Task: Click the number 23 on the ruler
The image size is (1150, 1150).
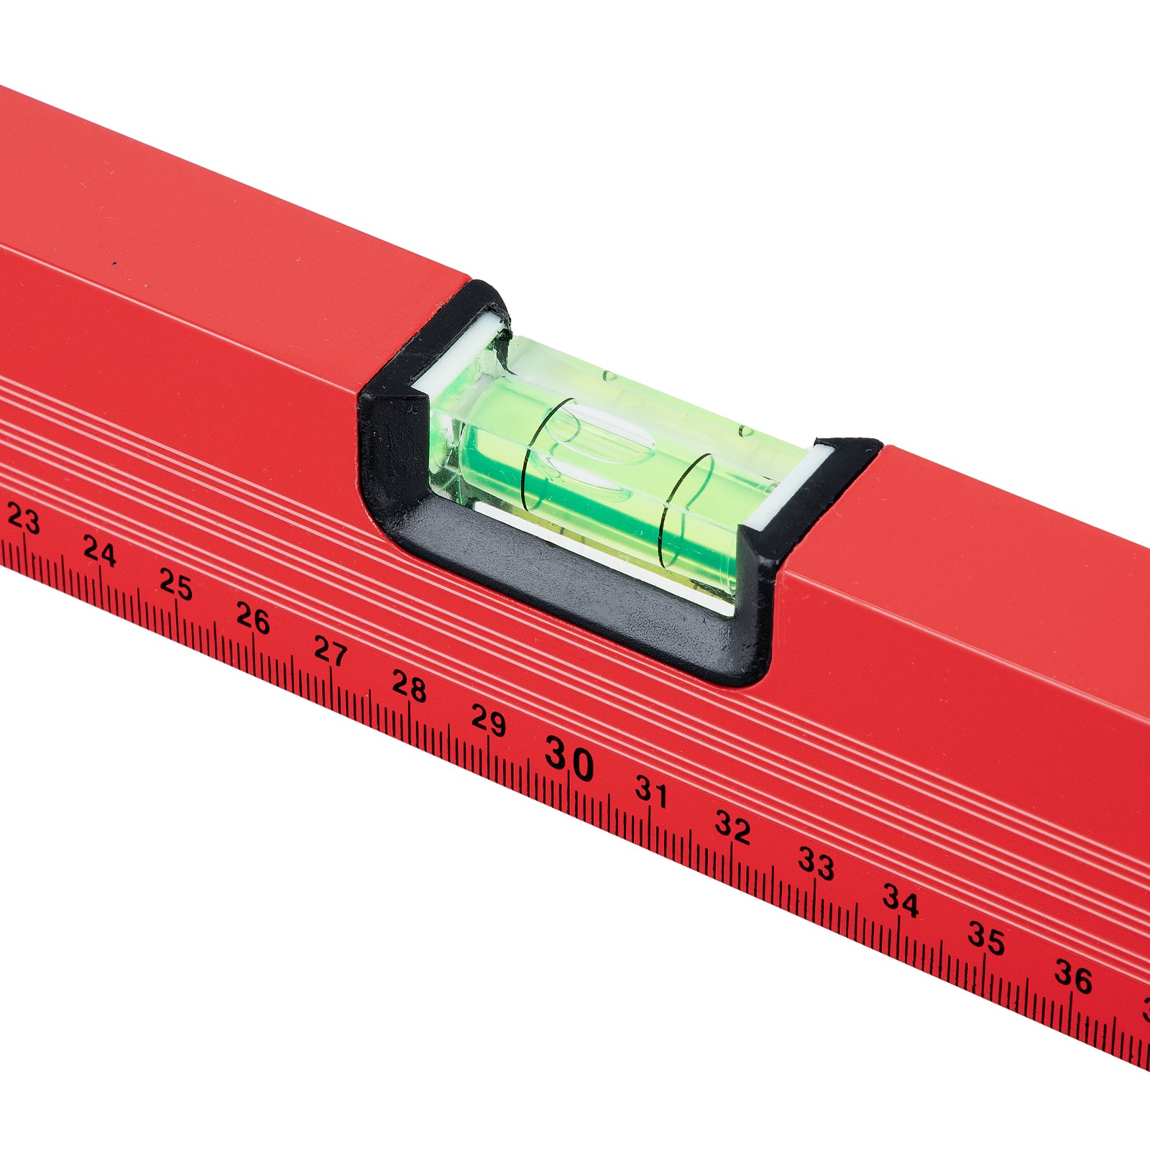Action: click(x=23, y=519)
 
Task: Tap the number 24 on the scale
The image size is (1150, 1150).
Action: click(x=99, y=551)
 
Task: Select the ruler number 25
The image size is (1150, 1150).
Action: click(x=176, y=584)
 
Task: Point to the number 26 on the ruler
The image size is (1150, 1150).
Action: click(x=253, y=618)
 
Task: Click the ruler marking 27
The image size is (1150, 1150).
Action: click(x=331, y=651)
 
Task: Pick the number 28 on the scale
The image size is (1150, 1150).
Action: click(x=409, y=686)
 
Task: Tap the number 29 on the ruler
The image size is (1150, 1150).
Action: click(x=489, y=719)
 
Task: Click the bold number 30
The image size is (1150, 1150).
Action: click(x=569, y=759)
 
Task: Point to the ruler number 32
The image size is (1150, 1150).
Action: click(x=732, y=828)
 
